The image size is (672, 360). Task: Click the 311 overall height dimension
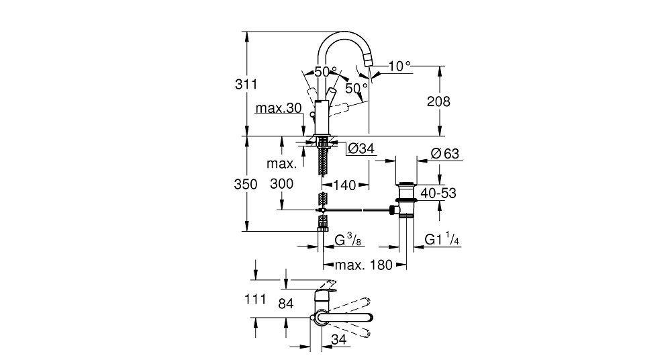point(246,85)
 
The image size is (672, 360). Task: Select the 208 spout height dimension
point(438,101)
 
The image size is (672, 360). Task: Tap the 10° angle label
point(399,66)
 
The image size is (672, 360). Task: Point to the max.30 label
point(279,108)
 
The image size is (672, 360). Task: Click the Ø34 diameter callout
point(361,148)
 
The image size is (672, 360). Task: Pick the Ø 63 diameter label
point(444,153)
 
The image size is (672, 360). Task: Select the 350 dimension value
point(246,184)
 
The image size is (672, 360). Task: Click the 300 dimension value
point(281,184)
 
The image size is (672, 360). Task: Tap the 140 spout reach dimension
point(345,185)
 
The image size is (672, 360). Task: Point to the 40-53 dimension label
point(438,193)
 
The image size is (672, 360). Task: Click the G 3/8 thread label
point(348,240)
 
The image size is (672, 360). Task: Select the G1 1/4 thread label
point(442,239)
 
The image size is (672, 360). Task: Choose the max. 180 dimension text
point(363,265)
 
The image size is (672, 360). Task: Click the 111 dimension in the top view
point(255,299)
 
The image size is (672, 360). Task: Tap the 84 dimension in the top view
point(286,304)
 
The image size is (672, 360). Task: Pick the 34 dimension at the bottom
point(338,339)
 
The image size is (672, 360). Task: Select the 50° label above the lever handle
point(326,72)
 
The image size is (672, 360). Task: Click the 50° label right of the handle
point(356,88)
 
